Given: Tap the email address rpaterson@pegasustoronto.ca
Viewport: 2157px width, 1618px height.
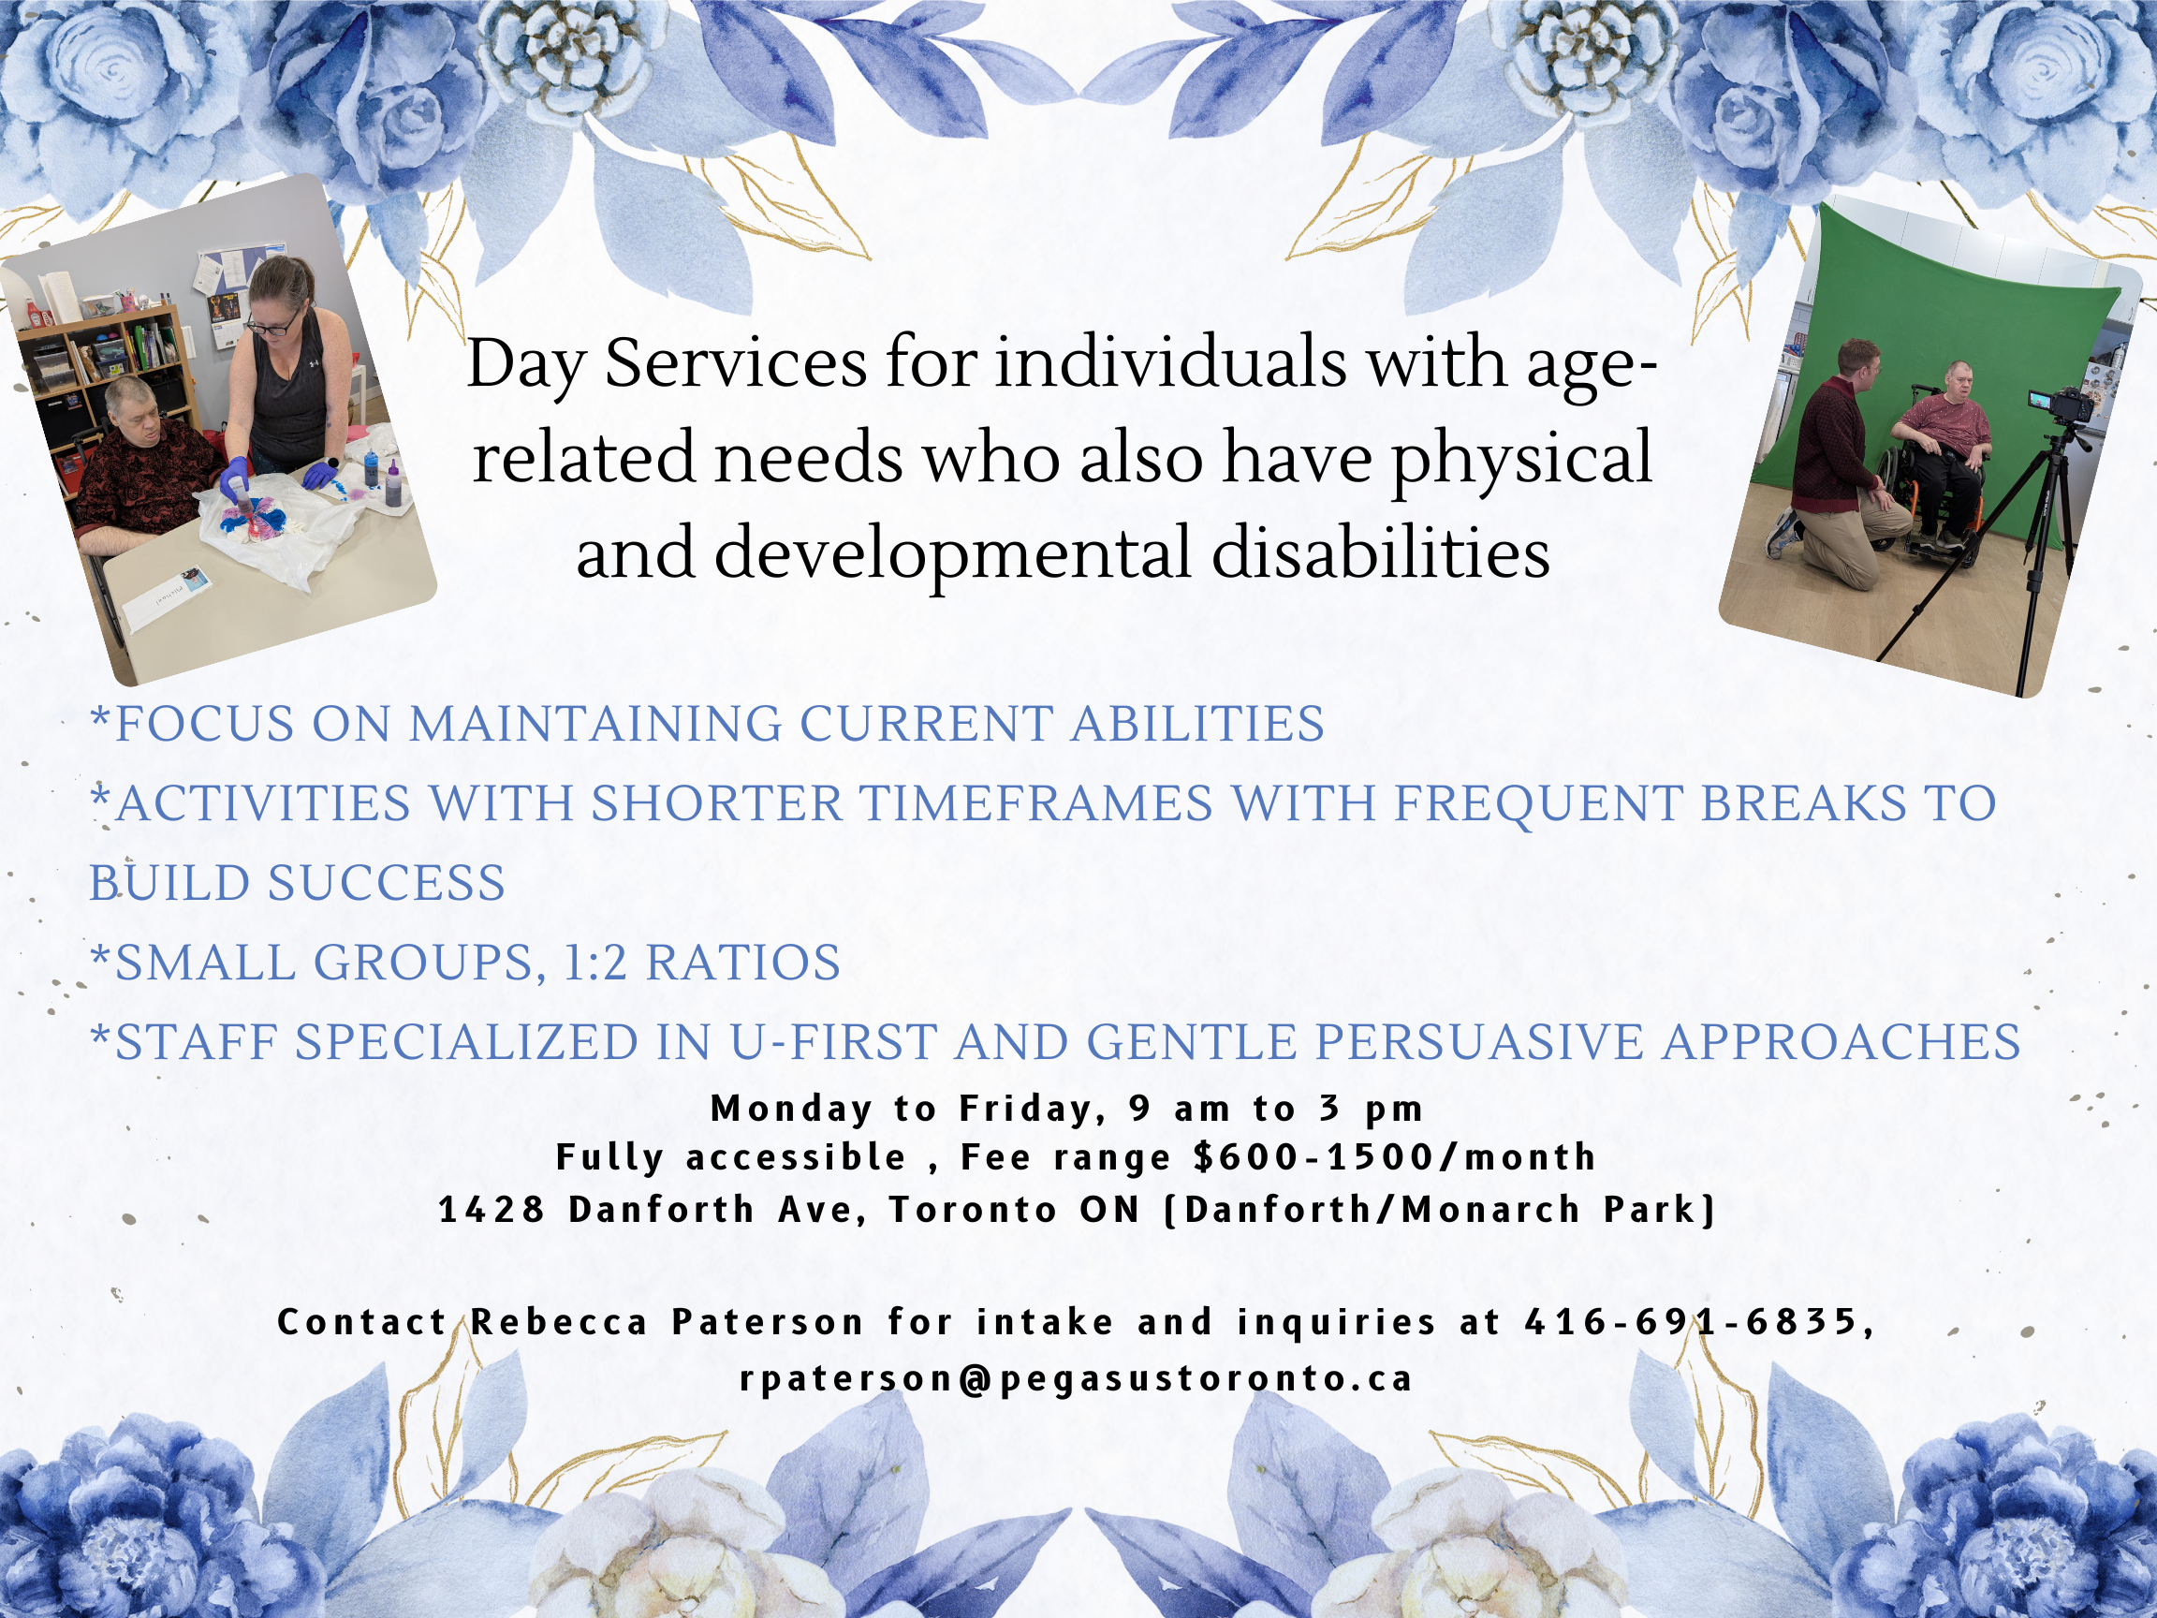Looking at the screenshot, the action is (1077, 1379).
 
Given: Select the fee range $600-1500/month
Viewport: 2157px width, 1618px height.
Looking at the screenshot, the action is (1394, 1157).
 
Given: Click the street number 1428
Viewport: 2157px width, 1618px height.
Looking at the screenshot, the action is (492, 1211).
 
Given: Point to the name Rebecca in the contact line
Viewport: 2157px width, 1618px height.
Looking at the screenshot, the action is (560, 1322).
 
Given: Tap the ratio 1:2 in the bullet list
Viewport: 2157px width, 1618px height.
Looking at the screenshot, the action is (594, 963).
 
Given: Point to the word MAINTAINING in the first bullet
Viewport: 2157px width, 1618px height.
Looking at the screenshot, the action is (594, 725).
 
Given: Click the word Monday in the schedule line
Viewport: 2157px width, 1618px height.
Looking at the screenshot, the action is (791, 1109).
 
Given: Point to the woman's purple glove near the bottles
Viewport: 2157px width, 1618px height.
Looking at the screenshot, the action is (320, 477).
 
